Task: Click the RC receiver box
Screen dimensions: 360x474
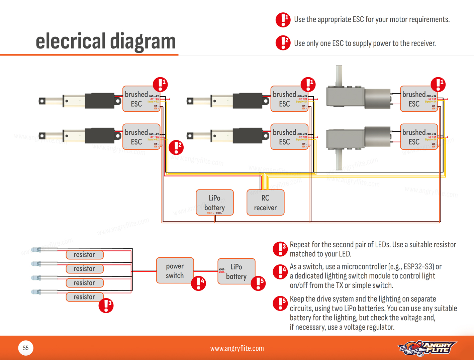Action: coord(265,203)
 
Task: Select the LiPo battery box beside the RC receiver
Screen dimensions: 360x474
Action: coord(214,202)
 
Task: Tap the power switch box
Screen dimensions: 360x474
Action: coord(175,270)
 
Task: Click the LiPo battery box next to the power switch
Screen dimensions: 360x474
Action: coord(236,271)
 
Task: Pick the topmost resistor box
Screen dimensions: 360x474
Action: coord(84,255)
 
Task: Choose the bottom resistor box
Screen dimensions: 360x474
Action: coord(84,297)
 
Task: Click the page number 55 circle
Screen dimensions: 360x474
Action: coord(26,348)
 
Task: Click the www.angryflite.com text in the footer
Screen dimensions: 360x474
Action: coord(237,348)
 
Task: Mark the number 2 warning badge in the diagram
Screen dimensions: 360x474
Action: coord(176,147)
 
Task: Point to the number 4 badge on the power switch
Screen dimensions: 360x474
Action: coord(198,283)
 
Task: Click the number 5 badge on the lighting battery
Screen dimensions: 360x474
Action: coord(258,283)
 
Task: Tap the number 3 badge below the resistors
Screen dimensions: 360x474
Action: coord(106,305)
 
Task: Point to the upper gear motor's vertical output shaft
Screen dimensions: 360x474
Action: coord(339,75)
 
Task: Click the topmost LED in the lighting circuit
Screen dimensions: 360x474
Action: coord(36,250)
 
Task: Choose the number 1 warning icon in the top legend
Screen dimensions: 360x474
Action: coord(283,20)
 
